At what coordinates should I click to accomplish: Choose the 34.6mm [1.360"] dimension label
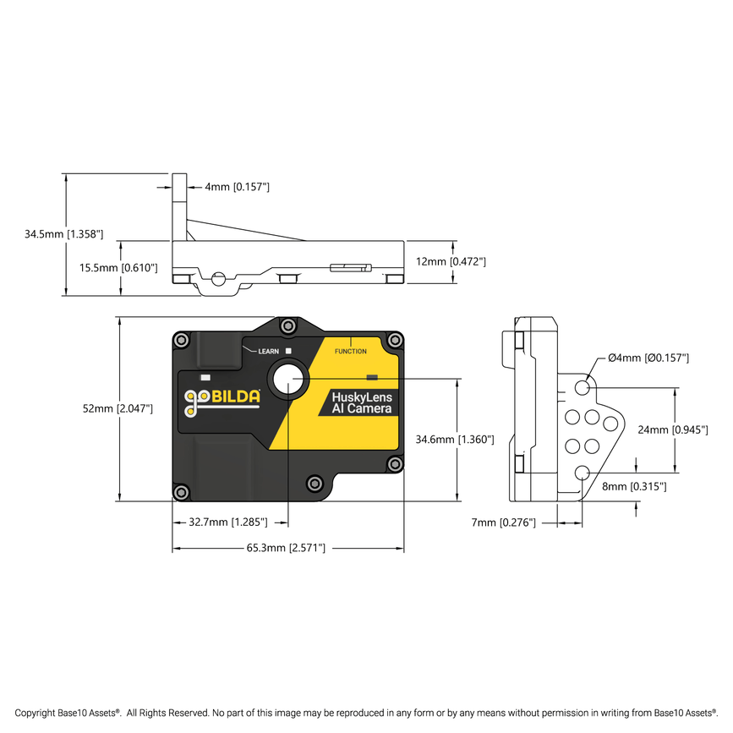455,440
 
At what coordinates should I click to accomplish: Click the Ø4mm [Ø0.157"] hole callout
648,358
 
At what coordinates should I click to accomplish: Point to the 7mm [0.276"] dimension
504,523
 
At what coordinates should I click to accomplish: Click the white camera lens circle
288,379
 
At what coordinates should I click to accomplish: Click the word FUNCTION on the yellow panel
351,351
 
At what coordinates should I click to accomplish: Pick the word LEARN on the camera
268,351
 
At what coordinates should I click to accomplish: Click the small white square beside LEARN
288,351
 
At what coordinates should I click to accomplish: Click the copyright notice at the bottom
366,713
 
